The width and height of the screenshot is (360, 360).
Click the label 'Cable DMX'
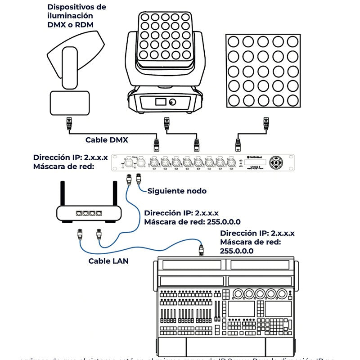(x=107, y=140)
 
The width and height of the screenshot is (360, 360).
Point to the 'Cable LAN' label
(x=108, y=261)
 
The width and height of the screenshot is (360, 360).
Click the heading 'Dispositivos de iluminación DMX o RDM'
(x=77, y=16)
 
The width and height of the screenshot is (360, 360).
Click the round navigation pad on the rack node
(x=277, y=162)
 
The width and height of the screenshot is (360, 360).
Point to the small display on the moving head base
(x=160, y=102)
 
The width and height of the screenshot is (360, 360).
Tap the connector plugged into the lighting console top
(x=202, y=249)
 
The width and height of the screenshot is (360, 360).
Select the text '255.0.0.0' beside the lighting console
(x=237, y=251)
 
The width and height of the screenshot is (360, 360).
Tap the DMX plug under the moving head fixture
(x=166, y=123)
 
